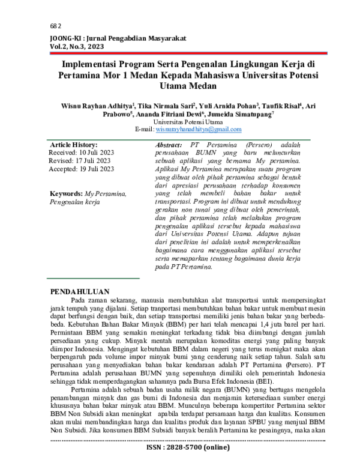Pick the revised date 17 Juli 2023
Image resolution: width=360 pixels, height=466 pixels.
point(88,161)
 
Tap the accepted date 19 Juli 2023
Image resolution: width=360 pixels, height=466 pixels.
point(91,169)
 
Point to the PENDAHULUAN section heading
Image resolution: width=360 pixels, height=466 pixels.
point(80,291)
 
